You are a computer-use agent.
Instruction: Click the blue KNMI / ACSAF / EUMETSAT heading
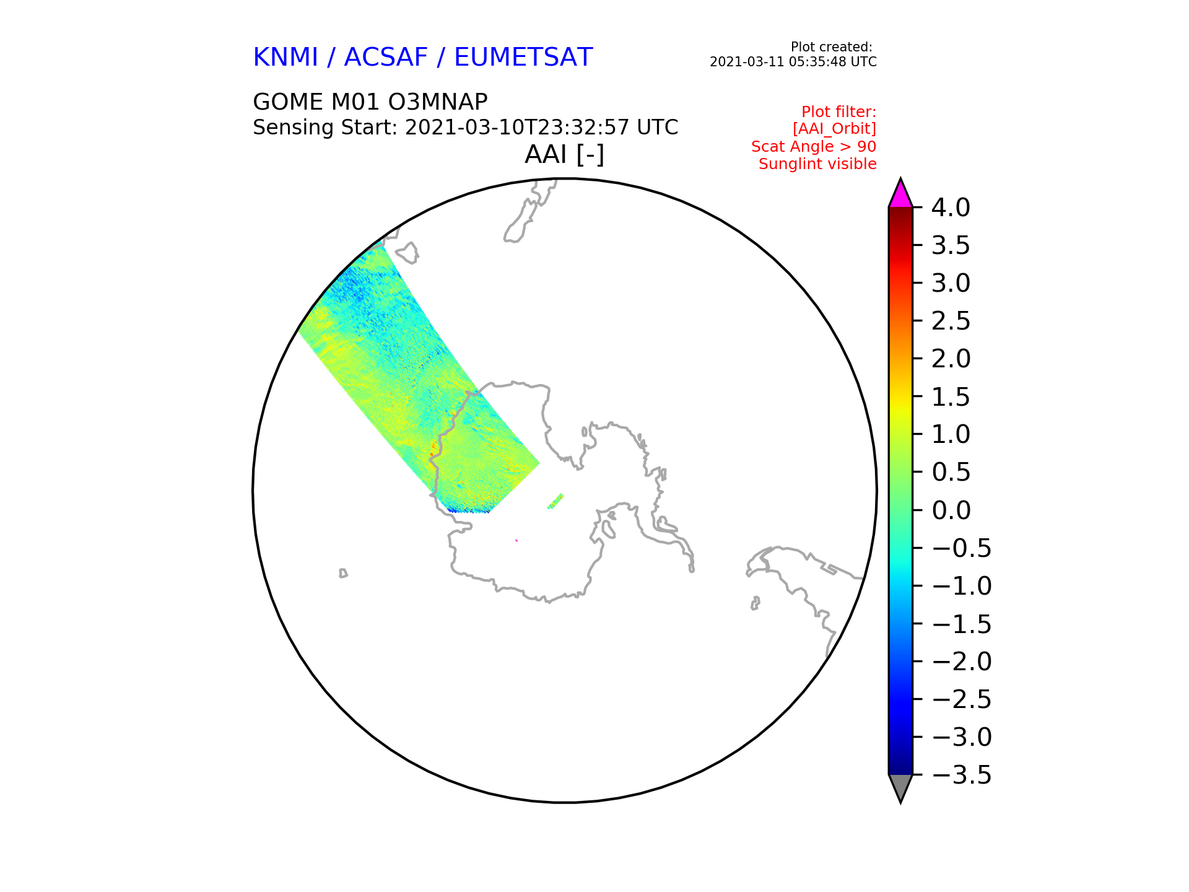point(423,57)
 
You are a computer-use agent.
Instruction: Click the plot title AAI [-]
point(564,154)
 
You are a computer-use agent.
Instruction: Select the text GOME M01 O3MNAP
point(370,102)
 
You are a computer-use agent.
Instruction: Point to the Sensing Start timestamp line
point(466,127)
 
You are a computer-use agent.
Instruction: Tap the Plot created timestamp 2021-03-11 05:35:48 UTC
point(793,62)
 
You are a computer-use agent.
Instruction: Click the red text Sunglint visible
point(817,164)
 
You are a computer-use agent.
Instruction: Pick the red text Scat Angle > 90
point(814,147)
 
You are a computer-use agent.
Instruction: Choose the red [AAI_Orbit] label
point(834,129)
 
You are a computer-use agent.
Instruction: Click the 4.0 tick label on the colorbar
point(951,208)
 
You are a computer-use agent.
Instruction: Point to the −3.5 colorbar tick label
point(961,775)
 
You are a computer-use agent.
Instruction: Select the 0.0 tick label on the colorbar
point(951,510)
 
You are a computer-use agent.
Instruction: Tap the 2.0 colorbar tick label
point(951,359)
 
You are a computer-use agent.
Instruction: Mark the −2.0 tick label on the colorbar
point(961,662)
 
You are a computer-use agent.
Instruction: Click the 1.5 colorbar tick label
point(951,396)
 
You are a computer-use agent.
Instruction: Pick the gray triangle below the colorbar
point(900,787)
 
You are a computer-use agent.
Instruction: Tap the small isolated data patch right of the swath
point(555,501)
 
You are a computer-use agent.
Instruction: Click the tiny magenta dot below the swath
point(516,541)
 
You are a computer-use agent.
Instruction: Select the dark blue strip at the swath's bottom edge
point(468,510)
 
